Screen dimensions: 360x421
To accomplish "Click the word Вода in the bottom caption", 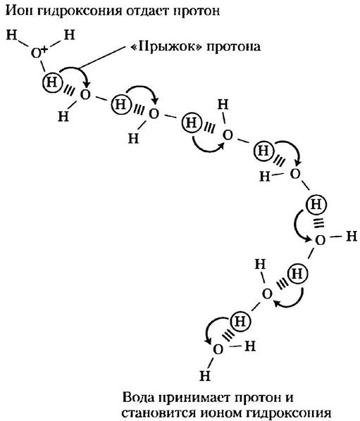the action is point(140,397).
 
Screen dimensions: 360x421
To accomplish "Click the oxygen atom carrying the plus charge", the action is point(36,54).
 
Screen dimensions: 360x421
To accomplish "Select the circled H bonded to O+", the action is point(51,82).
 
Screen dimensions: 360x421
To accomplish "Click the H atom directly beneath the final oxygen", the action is point(205,376).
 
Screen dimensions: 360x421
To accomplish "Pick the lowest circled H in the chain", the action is point(240,321).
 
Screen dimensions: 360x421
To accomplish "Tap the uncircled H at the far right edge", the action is point(352,237).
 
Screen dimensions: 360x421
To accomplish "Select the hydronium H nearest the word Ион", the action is point(11,35).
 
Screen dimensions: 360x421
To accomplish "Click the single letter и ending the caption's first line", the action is point(289,398).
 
